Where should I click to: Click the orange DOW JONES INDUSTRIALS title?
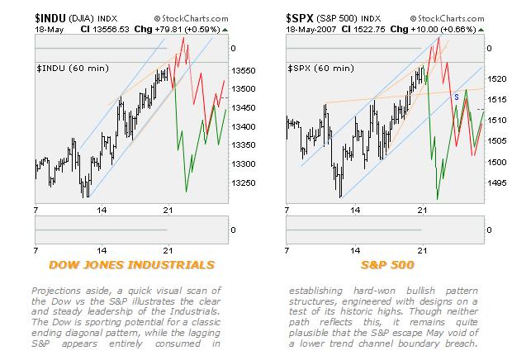[131, 264]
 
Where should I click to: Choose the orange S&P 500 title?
[384, 264]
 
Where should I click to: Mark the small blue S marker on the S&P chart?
[457, 97]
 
